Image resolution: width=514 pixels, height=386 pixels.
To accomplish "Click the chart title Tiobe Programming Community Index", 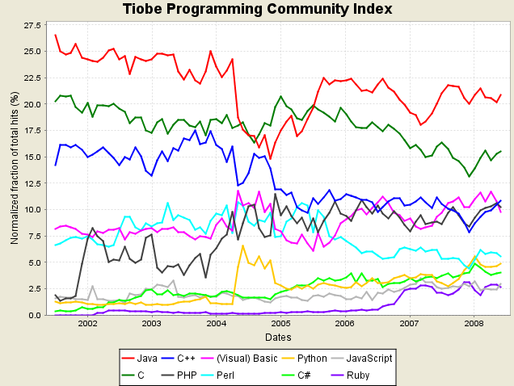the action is (257, 9).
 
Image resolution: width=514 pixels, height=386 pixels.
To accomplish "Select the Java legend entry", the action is (139, 359).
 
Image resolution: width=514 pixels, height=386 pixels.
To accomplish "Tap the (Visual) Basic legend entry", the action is (238, 359).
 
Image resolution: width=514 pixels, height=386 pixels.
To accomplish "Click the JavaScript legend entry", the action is (362, 359).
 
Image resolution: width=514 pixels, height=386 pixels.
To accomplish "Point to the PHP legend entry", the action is (179, 376).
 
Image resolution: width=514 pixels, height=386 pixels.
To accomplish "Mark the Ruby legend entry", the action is (351, 376).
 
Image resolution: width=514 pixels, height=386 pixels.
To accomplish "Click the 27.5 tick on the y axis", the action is (32, 25).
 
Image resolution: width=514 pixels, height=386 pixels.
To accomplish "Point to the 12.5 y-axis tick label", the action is (32, 183).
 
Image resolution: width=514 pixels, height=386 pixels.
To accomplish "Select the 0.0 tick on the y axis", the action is (35, 315).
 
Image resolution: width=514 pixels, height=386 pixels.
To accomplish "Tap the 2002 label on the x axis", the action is (87, 324).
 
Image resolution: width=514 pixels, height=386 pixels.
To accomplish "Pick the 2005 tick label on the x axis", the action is (280, 324).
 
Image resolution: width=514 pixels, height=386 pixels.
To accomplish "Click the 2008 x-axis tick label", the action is (474, 324).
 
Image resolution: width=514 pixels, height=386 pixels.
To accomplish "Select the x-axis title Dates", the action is (278, 338).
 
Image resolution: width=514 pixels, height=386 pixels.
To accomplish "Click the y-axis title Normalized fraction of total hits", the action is (15, 168).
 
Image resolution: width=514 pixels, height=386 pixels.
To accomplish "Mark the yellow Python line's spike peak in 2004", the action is (242, 245).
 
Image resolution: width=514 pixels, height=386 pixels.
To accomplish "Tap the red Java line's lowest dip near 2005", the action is (270, 159).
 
